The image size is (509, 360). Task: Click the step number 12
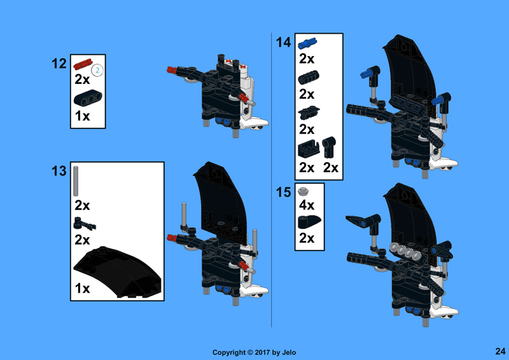point(59,64)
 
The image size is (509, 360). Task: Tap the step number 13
point(59,171)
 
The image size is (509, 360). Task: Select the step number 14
point(283,43)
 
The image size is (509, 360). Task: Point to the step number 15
point(283,192)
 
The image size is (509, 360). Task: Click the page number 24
point(500,351)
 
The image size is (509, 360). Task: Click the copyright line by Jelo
point(254,352)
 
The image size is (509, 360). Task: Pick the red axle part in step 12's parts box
point(83,64)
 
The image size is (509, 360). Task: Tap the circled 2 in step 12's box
point(97,71)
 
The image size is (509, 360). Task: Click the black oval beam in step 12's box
point(88,98)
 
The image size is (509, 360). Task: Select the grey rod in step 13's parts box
point(76,181)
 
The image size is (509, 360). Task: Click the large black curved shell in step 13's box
point(118,272)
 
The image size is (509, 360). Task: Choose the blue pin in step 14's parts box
point(307,43)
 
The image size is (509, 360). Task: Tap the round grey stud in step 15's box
point(303,191)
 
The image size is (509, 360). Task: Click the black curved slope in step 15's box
point(309,223)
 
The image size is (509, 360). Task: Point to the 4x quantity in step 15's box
point(307,205)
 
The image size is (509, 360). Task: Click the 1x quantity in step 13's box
point(83,288)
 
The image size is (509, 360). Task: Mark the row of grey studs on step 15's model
point(405,251)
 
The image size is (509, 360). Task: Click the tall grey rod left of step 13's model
point(184,215)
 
